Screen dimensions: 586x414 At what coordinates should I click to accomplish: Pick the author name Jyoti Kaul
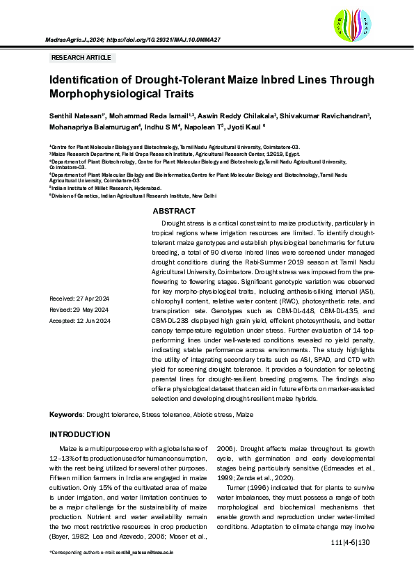[245, 127]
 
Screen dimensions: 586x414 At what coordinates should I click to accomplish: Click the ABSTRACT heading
[174, 211]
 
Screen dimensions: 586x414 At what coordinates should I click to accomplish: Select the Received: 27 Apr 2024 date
[79, 298]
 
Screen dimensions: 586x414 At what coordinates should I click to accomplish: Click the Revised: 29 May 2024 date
[78, 309]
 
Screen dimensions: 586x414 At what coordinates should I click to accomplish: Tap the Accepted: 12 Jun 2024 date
[79, 320]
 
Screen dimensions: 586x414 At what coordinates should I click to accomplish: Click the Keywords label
[66, 414]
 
